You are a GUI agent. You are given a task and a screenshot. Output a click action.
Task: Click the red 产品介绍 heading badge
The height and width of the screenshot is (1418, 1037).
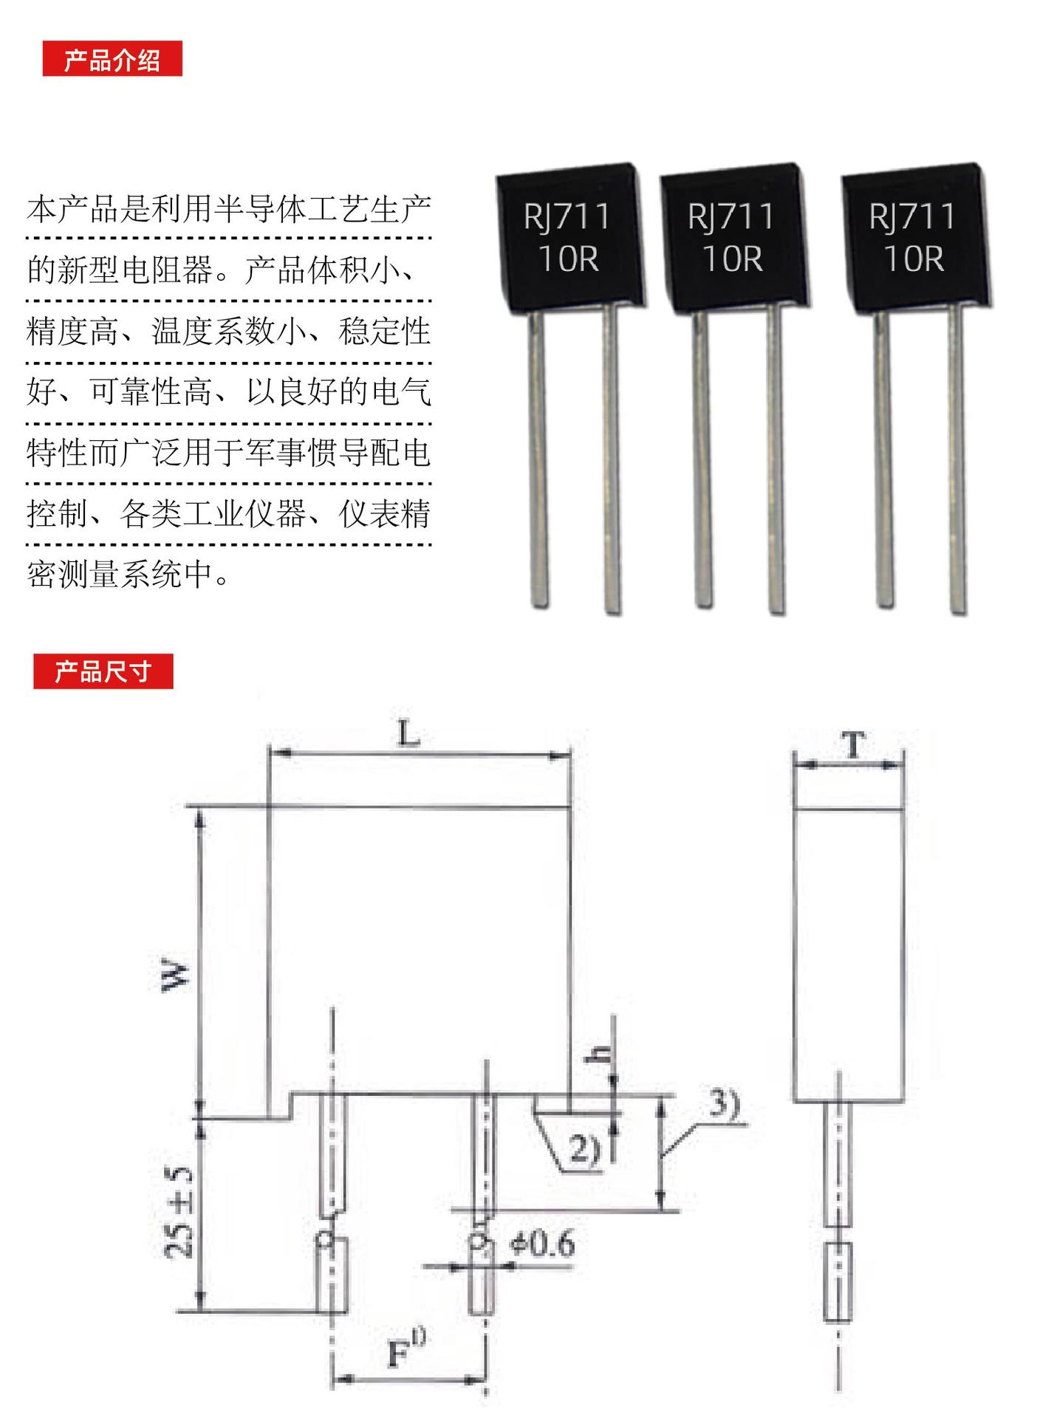point(112,59)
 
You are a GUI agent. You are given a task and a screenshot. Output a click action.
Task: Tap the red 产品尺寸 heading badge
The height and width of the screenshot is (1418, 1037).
point(103,671)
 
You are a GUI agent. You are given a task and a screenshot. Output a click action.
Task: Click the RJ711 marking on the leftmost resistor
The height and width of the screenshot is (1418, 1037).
point(567,217)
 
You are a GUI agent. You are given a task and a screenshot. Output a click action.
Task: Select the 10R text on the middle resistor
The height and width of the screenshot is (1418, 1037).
point(732,258)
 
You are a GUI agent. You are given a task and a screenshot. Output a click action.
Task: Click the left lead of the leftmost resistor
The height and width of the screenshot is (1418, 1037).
point(538,458)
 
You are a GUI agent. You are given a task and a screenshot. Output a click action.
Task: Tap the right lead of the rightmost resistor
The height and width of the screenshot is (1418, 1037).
point(956,458)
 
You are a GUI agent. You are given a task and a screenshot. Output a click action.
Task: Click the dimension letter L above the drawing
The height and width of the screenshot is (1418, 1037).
point(408,734)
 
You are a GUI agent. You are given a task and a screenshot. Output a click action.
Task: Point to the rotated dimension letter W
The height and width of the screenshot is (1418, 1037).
point(176,975)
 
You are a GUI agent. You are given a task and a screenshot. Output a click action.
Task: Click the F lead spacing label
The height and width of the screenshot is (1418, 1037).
point(403,1352)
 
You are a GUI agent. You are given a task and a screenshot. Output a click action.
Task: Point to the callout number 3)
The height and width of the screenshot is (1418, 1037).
point(724,1104)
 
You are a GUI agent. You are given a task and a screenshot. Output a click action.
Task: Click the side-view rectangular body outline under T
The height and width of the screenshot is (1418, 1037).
point(848,956)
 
